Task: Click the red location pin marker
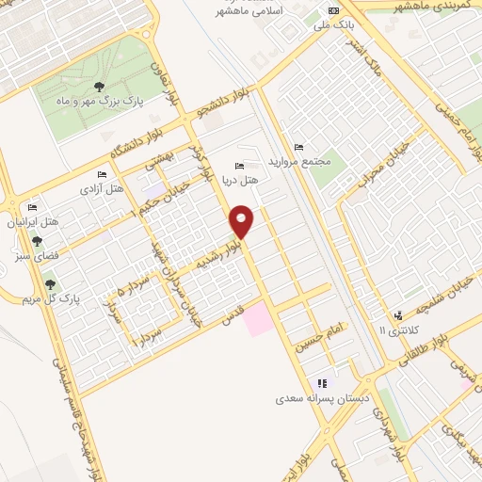(243, 221)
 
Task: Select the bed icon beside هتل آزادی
(102, 175)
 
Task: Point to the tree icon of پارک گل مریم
(50, 283)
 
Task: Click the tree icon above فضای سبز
(37, 240)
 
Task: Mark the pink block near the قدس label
(258, 322)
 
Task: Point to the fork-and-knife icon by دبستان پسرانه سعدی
(322, 383)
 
